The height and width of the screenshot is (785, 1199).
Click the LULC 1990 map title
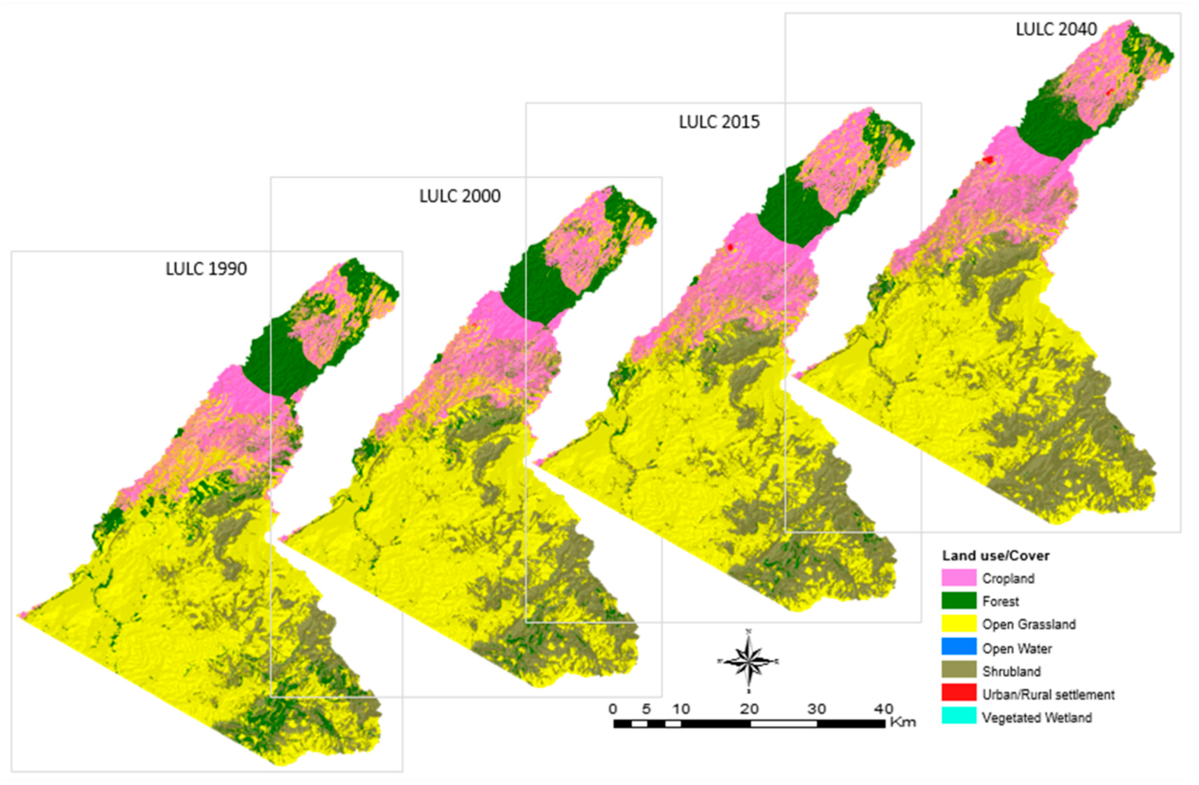[x=206, y=269]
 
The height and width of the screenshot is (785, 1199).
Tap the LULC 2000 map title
[x=460, y=196]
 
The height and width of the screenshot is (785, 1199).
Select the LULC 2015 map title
[x=719, y=122]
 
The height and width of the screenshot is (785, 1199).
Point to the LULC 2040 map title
[x=1056, y=29]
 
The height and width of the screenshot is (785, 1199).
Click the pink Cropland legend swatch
[x=959, y=578]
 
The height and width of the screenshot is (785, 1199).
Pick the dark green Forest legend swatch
[x=959, y=601]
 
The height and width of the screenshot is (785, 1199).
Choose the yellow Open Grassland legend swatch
[x=959, y=624]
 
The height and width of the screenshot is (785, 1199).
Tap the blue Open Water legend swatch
[x=959, y=647]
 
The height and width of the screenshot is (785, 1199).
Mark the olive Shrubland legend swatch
[x=959, y=670]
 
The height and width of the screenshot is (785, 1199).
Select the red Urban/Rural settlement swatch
[x=959, y=694]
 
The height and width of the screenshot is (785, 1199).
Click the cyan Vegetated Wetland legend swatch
[x=959, y=717]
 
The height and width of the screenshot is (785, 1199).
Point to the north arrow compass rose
[x=749, y=661]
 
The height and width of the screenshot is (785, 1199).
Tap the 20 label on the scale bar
[x=749, y=709]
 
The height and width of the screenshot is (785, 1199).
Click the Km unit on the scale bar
[x=903, y=723]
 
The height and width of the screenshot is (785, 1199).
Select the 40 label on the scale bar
[x=883, y=709]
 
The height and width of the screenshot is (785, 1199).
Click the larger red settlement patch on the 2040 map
[x=988, y=160]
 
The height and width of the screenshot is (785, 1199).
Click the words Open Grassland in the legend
[x=1029, y=624]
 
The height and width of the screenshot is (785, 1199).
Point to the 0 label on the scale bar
[x=613, y=709]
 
